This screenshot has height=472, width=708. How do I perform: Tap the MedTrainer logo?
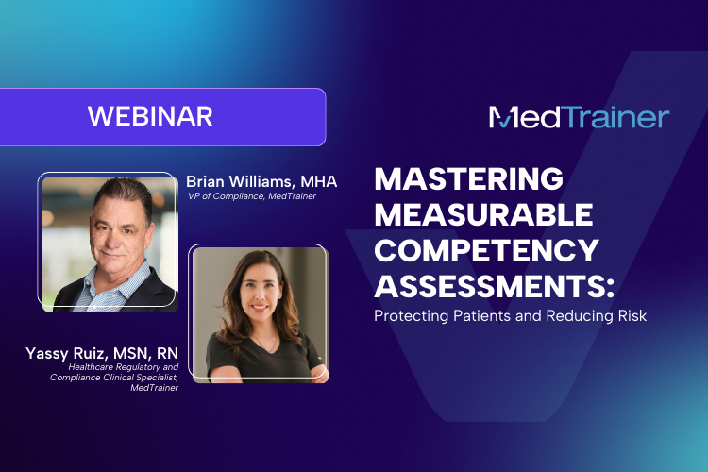579,117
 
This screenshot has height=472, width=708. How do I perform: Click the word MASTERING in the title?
468,178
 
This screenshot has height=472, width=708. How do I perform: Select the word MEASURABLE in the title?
483,214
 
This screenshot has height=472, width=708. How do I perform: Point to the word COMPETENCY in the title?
486,250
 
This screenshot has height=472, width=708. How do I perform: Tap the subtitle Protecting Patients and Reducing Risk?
510,316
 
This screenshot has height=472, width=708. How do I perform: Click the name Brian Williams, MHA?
261,181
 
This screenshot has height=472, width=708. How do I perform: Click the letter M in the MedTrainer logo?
503,117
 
